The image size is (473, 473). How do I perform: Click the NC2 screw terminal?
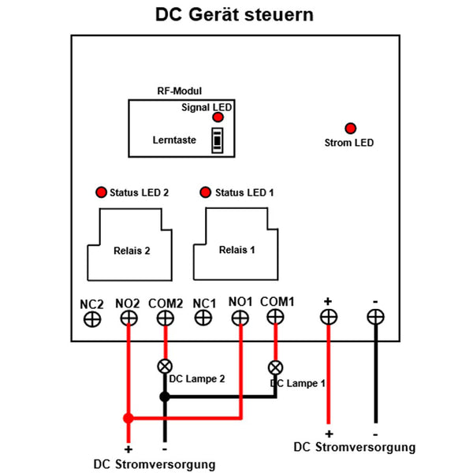(x=92, y=318)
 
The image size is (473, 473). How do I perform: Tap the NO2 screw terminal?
(x=128, y=318)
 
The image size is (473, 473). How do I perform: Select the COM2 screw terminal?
(x=165, y=318)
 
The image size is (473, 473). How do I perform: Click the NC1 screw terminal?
(x=203, y=317)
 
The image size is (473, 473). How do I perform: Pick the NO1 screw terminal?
(x=239, y=317)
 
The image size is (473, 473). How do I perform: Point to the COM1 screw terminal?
(x=274, y=316)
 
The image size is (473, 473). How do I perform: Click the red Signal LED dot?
(x=218, y=117)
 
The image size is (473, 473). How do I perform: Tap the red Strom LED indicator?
(x=350, y=128)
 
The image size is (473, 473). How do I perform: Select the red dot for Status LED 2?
(x=101, y=192)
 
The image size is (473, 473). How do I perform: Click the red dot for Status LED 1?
(x=206, y=192)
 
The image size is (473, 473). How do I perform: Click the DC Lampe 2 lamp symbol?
(x=165, y=366)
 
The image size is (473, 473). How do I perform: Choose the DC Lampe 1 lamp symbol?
(x=275, y=367)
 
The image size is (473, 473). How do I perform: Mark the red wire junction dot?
(x=128, y=418)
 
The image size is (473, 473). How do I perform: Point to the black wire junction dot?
(x=165, y=397)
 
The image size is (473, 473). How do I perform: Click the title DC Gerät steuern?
(x=235, y=16)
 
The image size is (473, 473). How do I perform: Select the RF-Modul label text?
(x=181, y=91)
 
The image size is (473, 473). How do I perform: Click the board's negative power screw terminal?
(x=376, y=317)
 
